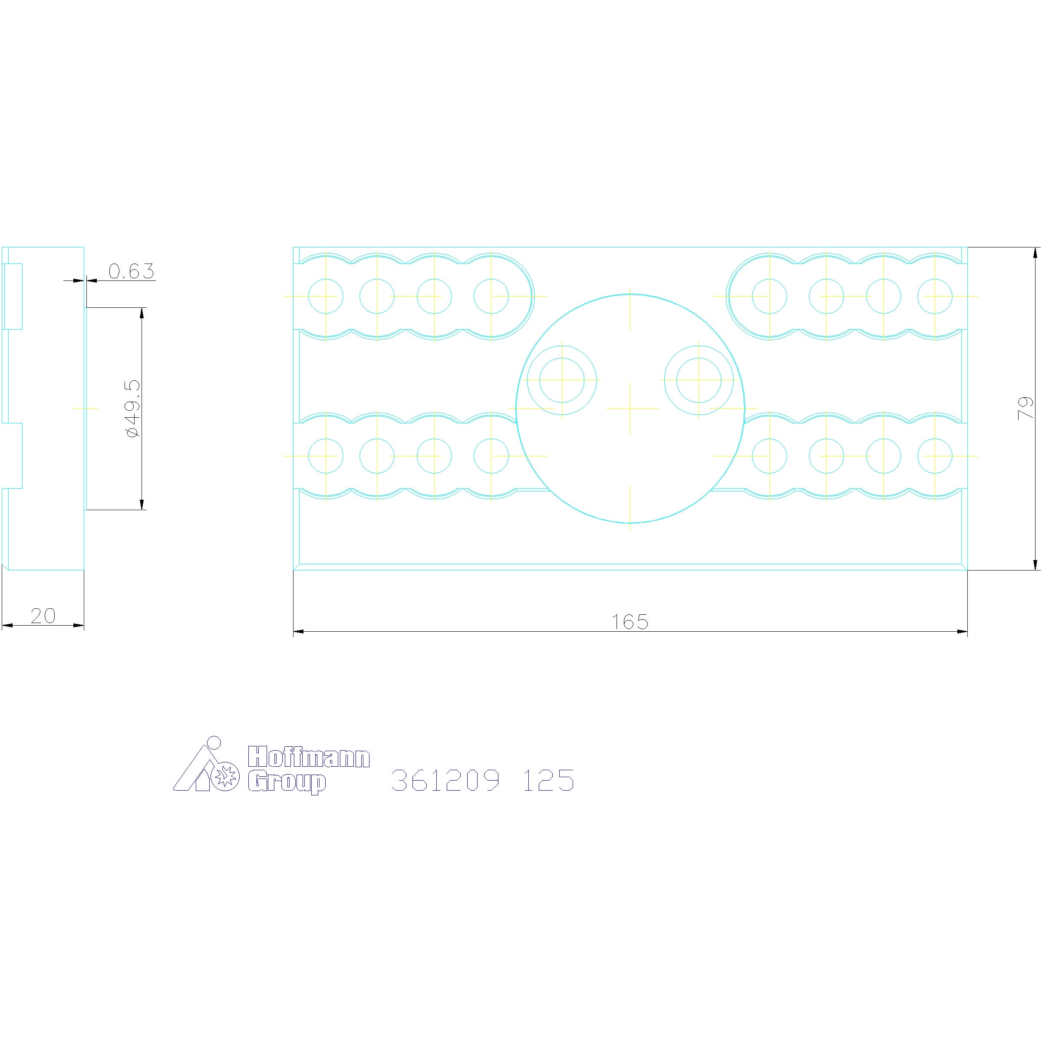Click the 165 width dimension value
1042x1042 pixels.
click(x=630, y=622)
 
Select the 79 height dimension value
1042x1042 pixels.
click(x=1025, y=408)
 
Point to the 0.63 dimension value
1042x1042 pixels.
click(x=132, y=271)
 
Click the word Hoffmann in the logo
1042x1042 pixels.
click(x=309, y=758)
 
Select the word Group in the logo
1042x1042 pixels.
click(x=287, y=783)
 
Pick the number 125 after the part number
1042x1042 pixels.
click(x=548, y=781)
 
